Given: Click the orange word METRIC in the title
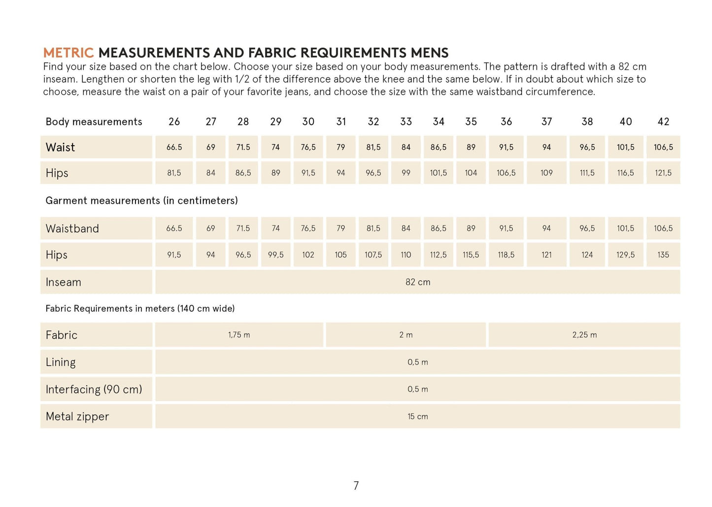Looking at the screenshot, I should pyautogui.click(x=68, y=53).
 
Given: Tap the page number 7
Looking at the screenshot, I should pyautogui.click(x=356, y=486).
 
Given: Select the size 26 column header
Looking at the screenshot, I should pyautogui.click(x=174, y=122).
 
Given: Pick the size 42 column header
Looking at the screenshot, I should pyautogui.click(x=663, y=122).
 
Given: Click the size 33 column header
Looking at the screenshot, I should pyautogui.click(x=406, y=122).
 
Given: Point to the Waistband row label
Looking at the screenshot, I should pyautogui.click(x=72, y=228).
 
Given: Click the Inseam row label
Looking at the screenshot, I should pyautogui.click(x=64, y=282).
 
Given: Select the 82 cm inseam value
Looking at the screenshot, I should pyautogui.click(x=418, y=282).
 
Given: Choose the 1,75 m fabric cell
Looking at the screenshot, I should pyautogui.click(x=239, y=335).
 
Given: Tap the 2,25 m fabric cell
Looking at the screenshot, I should pyautogui.click(x=584, y=335).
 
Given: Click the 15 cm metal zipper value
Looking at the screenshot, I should pyautogui.click(x=418, y=416).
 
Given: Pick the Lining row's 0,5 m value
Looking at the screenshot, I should pyautogui.click(x=418, y=362).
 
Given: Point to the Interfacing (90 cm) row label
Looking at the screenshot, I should pyautogui.click(x=94, y=389).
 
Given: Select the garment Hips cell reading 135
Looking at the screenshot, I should pyautogui.click(x=663, y=255).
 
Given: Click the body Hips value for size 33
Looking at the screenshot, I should pyautogui.click(x=406, y=173).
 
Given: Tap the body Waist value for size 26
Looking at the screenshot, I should pyautogui.click(x=174, y=147).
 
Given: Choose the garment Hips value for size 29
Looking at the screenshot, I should pyautogui.click(x=276, y=255).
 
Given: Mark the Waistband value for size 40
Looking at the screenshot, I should pyautogui.click(x=625, y=228).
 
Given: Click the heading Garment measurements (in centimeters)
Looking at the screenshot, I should pyautogui.click(x=141, y=200).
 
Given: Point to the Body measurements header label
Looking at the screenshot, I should pyautogui.click(x=94, y=122).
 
